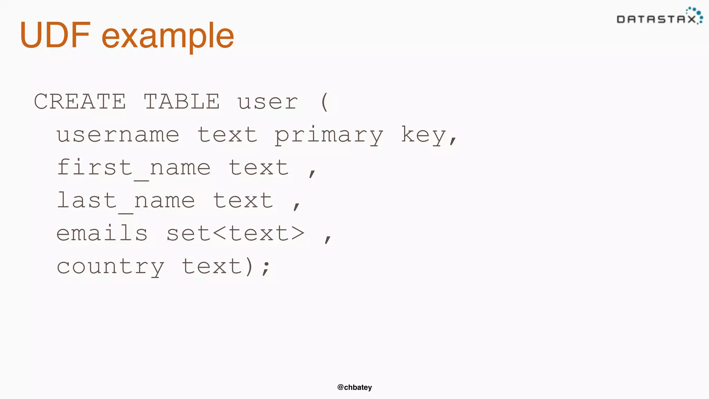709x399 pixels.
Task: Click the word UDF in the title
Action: point(55,35)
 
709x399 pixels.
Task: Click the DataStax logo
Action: point(659,17)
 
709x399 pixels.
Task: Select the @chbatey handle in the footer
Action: point(354,387)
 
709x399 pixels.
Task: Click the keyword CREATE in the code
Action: point(80,101)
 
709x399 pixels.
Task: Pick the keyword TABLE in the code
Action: point(182,101)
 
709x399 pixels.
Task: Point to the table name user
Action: point(268,102)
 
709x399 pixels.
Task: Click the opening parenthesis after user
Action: point(324,102)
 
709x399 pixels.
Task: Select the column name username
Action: point(118,135)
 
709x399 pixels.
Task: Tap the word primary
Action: point(329,135)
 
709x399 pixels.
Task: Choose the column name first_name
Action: point(134,168)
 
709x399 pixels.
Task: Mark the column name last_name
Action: point(126,201)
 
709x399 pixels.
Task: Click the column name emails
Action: point(102,233)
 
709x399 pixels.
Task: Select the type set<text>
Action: point(235,233)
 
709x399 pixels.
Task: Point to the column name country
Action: point(110,267)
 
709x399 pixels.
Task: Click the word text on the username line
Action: point(227,135)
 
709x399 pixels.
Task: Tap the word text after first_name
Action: point(259,168)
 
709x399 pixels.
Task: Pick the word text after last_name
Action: point(243,201)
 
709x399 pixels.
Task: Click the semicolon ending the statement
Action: point(266,268)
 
